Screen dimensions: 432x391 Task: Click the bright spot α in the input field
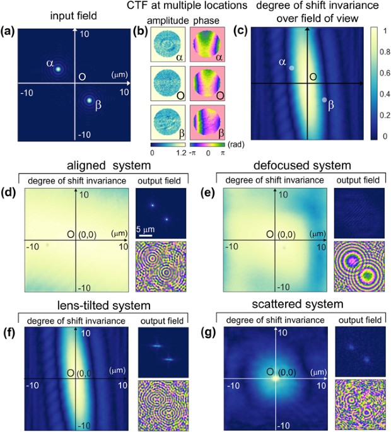(57, 69)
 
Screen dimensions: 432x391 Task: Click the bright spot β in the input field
(90, 100)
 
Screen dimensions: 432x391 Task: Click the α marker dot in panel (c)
(291, 68)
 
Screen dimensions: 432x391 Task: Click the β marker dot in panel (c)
(324, 100)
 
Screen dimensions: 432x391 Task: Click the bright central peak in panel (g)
(273, 379)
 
